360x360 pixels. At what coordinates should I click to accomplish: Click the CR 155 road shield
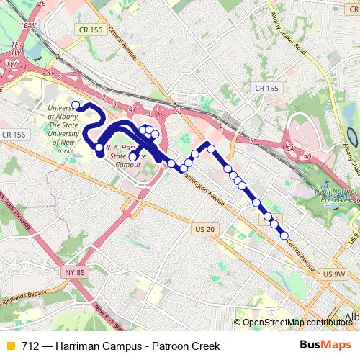point(266,88)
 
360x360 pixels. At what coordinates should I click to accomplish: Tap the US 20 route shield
point(205,229)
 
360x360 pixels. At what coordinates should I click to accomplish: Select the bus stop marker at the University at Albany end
point(76,105)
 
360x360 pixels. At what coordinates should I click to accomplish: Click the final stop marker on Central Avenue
point(284,235)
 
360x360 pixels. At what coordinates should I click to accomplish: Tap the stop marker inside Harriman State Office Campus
point(132,157)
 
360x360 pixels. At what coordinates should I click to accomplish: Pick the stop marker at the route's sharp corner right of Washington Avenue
point(211,148)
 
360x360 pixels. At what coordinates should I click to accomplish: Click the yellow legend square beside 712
point(10,346)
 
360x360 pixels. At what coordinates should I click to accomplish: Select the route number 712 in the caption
point(30,346)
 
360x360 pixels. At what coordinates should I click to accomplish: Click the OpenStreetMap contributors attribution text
point(297,323)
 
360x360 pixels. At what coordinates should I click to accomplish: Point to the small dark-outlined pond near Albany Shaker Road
point(351,135)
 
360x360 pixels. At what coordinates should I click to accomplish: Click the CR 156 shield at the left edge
point(13,135)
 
